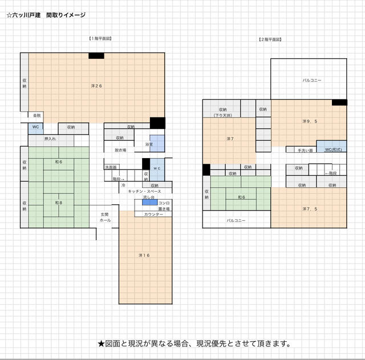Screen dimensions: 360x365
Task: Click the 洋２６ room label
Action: (x=96, y=86)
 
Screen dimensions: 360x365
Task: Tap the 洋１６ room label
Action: (x=144, y=255)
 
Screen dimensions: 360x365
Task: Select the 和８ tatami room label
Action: (x=58, y=203)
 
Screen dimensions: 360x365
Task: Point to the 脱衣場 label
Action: (x=120, y=150)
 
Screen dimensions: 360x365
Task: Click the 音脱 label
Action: (x=37, y=116)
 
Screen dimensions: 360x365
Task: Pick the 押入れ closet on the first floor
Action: (x=50, y=139)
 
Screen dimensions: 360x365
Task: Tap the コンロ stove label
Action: (x=163, y=203)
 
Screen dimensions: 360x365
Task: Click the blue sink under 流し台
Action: (x=146, y=203)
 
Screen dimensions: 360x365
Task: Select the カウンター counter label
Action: (x=153, y=214)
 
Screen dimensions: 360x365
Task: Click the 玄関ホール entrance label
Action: (x=106, y=217)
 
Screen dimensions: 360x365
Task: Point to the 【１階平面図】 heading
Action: (x=100, y=38)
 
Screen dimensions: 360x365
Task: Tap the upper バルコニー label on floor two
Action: (x=311, y=80)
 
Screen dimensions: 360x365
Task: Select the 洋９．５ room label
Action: (x=310, y=121)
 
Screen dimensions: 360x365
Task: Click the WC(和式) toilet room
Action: (x=332, y=149)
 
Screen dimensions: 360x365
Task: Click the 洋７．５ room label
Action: (x=310, y=209)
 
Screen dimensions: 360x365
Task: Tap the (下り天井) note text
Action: (x=221, y=115)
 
